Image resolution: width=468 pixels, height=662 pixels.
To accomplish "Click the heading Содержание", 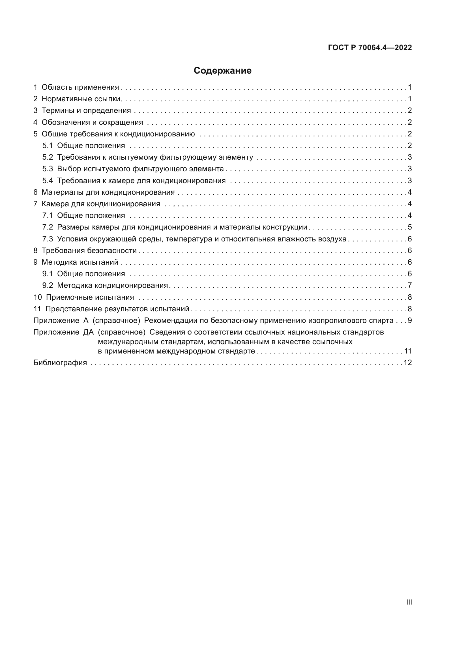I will click(x=222, y=71).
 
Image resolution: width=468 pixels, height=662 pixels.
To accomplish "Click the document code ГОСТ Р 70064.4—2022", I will click(x=370, y=48).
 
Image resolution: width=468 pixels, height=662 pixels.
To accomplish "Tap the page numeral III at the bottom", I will click(x=409, y=602).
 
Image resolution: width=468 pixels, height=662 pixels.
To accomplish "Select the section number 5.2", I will click(x=48, y=157).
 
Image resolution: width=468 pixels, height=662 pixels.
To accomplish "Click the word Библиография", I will click(x=60, y=363).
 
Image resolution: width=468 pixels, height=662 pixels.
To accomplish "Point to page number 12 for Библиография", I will click(x=407, y=363).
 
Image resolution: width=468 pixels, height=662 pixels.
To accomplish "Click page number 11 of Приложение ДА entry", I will click(x=408, y=351).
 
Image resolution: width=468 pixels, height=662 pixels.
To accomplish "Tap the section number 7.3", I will click(x=48, y=239).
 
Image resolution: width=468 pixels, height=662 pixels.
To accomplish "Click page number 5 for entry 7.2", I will click(x=409, y=227).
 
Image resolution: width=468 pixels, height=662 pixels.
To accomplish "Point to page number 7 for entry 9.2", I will click(x=409, y=286).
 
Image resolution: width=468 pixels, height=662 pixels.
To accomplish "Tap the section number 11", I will click(x=37, y=309).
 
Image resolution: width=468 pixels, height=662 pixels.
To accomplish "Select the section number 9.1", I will click(x=48, y=274).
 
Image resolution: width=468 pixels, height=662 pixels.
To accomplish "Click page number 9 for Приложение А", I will click(x=409, y=320).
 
